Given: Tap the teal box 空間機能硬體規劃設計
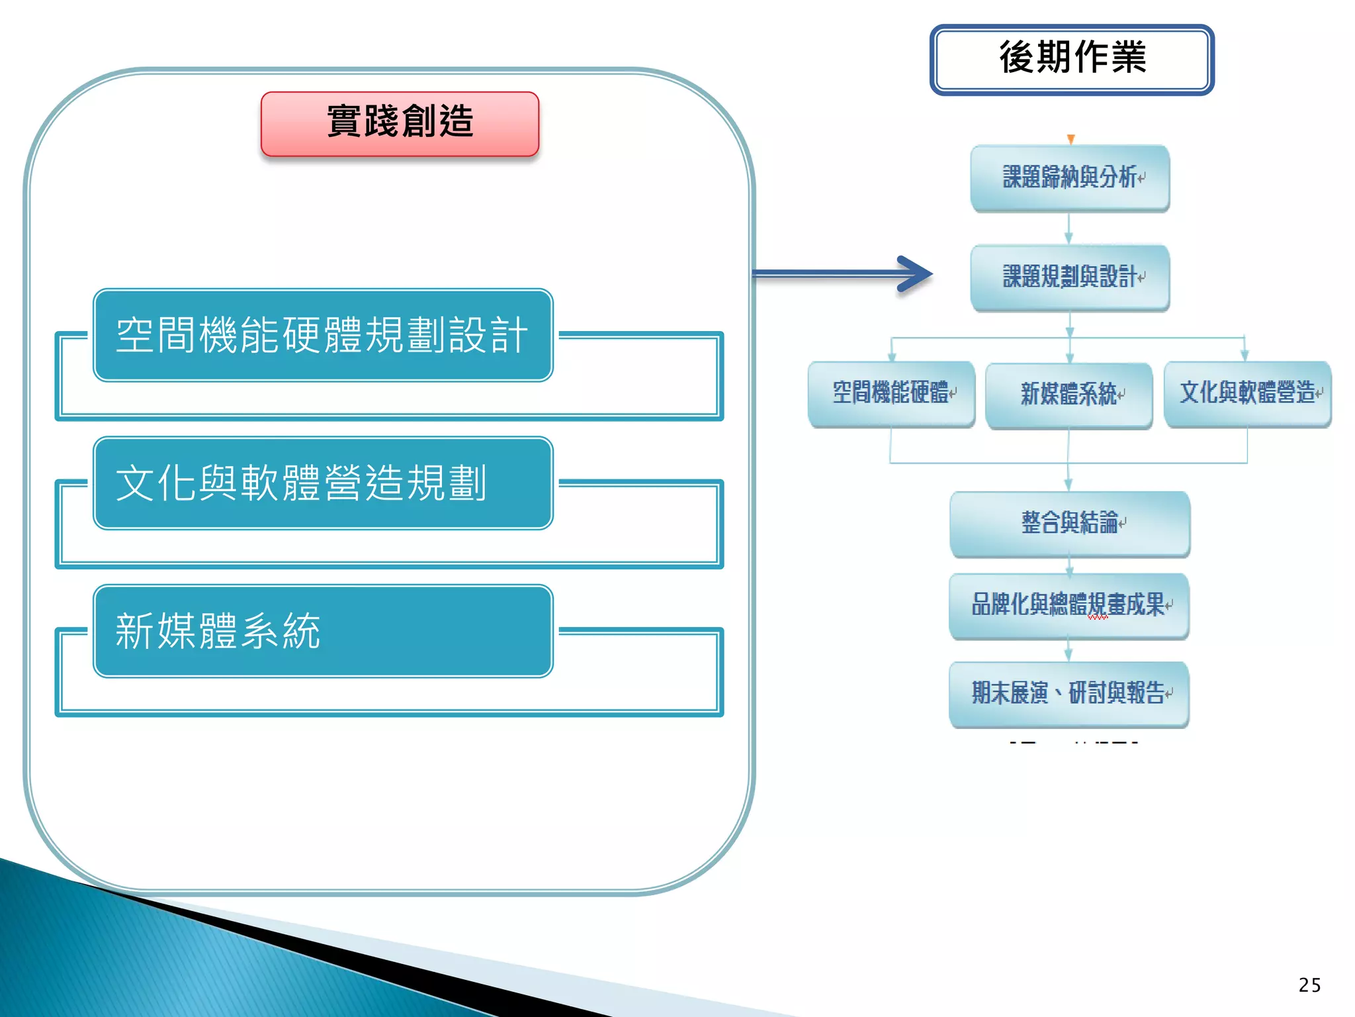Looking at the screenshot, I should click(323, 335).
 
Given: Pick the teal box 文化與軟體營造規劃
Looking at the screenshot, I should click(323, 483).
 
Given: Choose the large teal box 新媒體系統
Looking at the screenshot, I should click(323, 631).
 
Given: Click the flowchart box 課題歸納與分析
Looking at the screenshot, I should click(1070, 178).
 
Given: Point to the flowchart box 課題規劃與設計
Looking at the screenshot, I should click(1070, 277).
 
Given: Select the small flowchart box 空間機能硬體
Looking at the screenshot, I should click(891, 394).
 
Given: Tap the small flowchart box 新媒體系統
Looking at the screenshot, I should click(1069, 395).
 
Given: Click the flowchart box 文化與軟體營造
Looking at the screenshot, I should click(1247, 394).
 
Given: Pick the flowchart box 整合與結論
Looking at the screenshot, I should click(1069, 524).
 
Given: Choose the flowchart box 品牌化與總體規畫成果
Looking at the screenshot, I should click(1069, 605).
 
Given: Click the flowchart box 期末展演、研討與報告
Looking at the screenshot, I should click(1069, 694).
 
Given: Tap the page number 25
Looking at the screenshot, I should click(1309, 985).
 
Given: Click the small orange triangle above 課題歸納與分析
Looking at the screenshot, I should click(1071, 139).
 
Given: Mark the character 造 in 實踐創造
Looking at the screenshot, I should click(457, 122).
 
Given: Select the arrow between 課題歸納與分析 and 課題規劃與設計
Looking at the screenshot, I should click(1069, 228).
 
